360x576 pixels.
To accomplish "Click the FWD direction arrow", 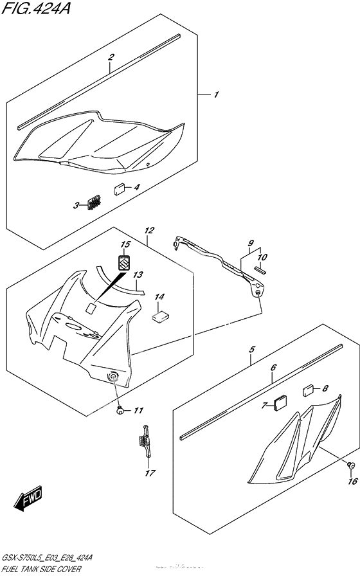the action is coord(28,498).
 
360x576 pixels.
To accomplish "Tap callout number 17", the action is coord(150,473).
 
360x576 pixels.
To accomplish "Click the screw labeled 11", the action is coord(120,411).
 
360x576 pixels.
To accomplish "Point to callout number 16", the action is coord(353,482).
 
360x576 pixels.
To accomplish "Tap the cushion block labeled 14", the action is coord(160,316).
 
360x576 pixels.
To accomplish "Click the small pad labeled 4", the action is coord(120,190).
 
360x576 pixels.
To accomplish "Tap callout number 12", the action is coord(148,231).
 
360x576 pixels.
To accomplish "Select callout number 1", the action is coord(216,94).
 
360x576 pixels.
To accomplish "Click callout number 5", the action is coord(251,349).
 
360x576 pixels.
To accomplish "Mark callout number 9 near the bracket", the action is coord(251,243).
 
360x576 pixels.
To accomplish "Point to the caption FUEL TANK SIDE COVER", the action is coord(42,569).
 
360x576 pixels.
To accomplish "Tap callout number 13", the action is coord(138,274).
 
